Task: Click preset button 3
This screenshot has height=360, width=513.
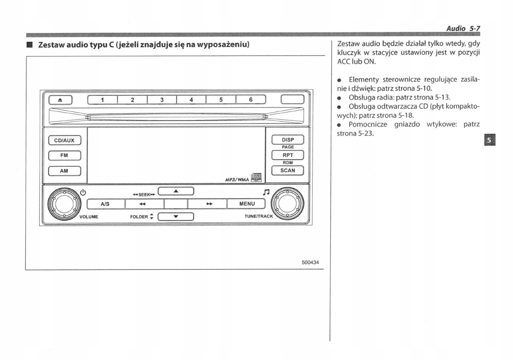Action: click(162, 100)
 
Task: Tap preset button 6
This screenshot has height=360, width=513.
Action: click(251, 100)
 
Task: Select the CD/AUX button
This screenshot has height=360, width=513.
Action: click(64, 140)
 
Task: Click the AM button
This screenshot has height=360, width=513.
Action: click(64, 171)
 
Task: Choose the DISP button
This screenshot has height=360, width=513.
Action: click(288, 140)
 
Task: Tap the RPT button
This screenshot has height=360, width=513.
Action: click(288, 155)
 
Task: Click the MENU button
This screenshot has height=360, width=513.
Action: click(247, 204)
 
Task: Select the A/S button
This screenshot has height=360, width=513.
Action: click(105, 204)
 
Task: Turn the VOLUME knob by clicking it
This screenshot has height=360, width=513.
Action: click(63, 203)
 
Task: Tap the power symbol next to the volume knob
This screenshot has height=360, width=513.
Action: click(83, 192)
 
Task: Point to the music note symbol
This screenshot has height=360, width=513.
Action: click(266, 192)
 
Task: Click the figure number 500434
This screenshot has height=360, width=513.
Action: click(310, 263)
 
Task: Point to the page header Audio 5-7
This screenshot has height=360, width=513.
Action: click(463, 28)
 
